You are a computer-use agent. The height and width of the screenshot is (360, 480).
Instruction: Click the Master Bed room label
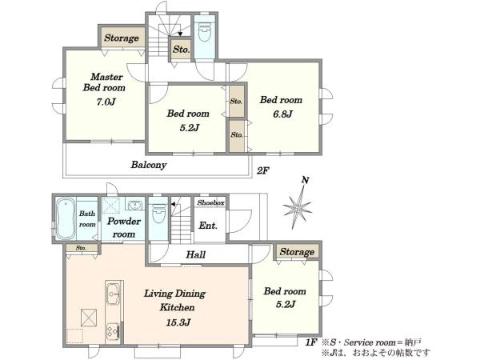point(104,82)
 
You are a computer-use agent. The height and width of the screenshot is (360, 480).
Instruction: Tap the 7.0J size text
point(106,102)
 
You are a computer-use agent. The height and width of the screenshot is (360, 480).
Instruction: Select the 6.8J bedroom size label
point(283,114)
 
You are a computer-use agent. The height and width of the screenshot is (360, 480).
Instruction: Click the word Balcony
point(149,165)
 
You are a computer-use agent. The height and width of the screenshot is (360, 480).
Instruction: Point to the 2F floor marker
point(262,170)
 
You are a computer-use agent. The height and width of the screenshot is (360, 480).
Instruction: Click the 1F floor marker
point(310,342)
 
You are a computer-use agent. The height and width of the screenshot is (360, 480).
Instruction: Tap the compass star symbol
point(297,208)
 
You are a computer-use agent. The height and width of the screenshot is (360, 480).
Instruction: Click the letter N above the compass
point(305,180)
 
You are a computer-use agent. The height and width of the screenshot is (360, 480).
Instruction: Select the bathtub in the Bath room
point(66,218)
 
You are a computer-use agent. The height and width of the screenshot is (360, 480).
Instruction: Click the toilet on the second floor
point(205,33)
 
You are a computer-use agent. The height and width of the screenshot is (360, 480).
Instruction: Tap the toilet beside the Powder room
point(158,214)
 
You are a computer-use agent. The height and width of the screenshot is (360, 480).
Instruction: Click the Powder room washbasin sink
point(134,205)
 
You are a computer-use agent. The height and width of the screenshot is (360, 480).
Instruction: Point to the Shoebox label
point(211,202)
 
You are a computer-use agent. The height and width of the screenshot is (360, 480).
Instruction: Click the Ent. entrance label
point(208,226)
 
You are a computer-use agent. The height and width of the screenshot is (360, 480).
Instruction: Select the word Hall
point(196,254)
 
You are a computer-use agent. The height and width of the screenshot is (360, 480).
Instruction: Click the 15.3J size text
point(178,322)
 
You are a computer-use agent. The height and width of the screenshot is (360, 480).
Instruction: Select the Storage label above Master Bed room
point(122,38)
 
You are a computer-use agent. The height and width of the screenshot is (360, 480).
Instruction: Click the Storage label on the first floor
point(297,252)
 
